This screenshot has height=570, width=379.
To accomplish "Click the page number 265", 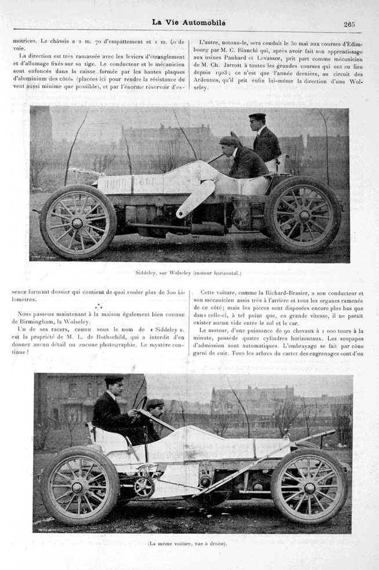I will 349,24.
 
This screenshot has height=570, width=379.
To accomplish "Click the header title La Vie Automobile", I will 188,23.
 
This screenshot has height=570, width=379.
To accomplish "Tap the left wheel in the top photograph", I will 78,222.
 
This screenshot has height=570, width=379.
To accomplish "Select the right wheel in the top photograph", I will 303,215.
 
